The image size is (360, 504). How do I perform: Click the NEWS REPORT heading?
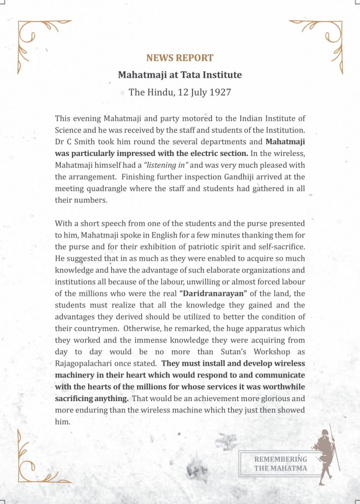coord(180,58)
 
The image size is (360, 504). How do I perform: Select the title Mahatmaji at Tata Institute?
coord(180,75)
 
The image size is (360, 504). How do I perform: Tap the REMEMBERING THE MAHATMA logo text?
coord(280,464)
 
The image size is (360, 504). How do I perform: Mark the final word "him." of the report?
coord(63,422)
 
